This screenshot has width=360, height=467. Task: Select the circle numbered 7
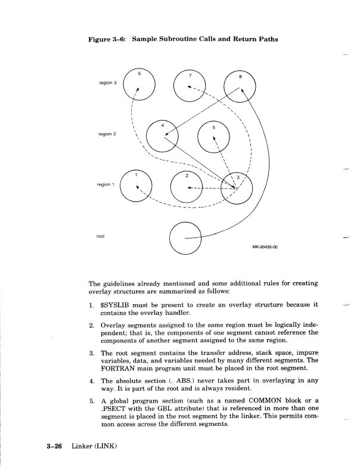(x=190, y=88)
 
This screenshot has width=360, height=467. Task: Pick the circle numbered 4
(x=162, y=135)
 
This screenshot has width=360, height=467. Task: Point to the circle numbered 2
(x=187, y=186)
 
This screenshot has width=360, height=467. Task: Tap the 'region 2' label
(x=106, y=134)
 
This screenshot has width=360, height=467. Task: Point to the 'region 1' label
(x=106, y=185)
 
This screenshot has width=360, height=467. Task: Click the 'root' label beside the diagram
(x=100, y=236)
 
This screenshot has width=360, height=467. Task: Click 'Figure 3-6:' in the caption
(x=107, y=40)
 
